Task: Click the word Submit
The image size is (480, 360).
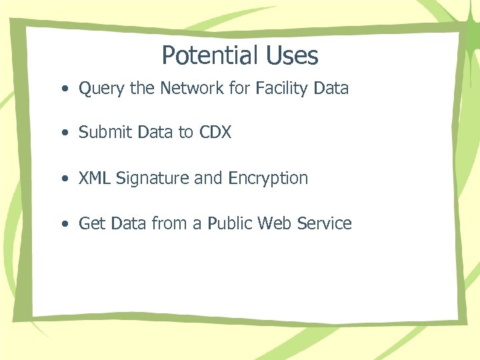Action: point(105,133)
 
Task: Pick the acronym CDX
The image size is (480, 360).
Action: point(215,133)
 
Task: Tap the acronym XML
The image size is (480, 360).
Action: point(94,179)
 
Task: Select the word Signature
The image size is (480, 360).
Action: point(147,179)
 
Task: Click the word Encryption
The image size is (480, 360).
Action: point(268,179)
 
